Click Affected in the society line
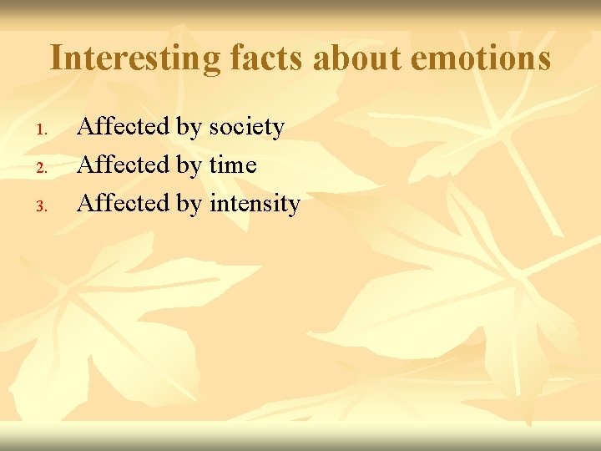tap(124, 127)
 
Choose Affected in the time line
tap(124, 165)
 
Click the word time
tap(233, 165)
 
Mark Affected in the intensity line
tap(124, 203)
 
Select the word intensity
tap(255, 204)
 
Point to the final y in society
tap(279, 130)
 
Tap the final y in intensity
tap(294, 206)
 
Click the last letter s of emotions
tap(543, 60)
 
